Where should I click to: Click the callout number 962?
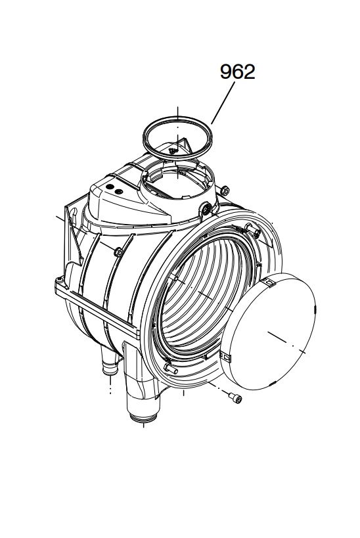[238, 72]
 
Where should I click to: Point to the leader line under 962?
[223, 102]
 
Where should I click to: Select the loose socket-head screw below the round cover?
[236, 398]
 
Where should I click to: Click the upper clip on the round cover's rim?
[269, 282]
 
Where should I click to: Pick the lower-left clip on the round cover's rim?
[225, 357]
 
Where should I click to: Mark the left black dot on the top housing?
[110, 187]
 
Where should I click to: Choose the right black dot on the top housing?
[118, 191]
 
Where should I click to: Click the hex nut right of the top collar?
[225, 190]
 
